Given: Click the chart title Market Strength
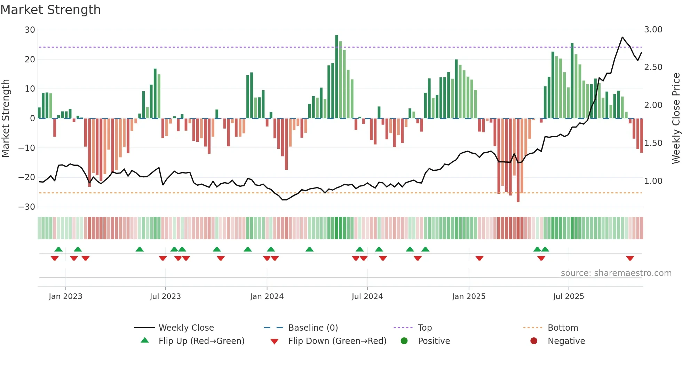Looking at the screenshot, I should (x=50, y=10).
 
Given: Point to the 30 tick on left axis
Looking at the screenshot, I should (x=30, y=30).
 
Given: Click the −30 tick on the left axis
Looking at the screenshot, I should (x=27, y=207).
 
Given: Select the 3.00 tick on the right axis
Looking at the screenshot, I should (x=653, y=30).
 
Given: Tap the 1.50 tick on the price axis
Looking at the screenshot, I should (x=653, y=143).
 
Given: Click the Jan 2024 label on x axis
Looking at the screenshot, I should (x=267, y=297).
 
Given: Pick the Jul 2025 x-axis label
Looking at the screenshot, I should (x=568, y=297).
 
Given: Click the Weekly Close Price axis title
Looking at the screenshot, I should (x=676, y=118).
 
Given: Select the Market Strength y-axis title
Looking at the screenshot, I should (x=6, y=118).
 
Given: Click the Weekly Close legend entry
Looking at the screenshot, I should (x=186, y=328).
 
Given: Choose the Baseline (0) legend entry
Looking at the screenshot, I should (x=313, y=328).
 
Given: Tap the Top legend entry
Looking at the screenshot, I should (x=425, y=328).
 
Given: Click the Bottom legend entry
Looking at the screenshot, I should (x=563, y=328).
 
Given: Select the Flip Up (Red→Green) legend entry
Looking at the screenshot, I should (x=201, y=341).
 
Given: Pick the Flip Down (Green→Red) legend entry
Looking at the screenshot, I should (x=337, y=341).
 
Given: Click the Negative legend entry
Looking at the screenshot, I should (x=566, y=341).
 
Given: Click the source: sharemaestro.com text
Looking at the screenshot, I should (x=616, y=273).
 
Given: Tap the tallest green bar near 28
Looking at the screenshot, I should (x=336, y=77).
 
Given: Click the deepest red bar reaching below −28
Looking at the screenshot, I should (x=518, y=160).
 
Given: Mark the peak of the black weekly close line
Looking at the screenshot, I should (x=622, y=37).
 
